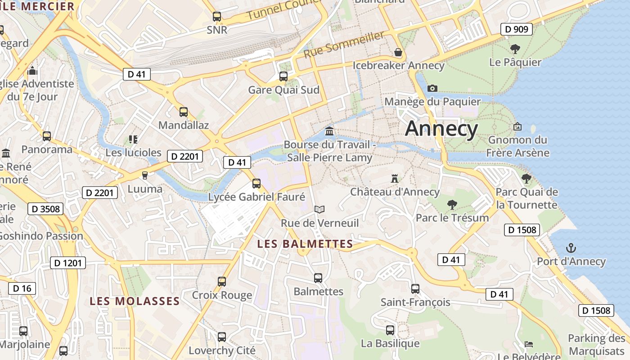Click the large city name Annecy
[x=441, y=129]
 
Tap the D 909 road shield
[x=517, y=30]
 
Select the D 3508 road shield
[x=46, y=209]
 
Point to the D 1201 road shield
[x=68, y=263]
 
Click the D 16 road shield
[x=22, y=288]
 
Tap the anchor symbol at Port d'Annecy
[x=571, y=248]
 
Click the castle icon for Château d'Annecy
[x=395, y=179]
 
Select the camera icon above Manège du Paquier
[x=432, y=88]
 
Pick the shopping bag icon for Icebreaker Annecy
[x=398, y=53]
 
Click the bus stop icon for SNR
[x=217, y=17]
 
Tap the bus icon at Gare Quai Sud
[x=283, y=76]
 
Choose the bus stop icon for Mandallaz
[x=184, y=112]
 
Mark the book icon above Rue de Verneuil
[x=319, y=209]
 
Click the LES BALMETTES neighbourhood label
[x=305, y=244]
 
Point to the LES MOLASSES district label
[x=135, y=301]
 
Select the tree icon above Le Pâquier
[x=515, y=49]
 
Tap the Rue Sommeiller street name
[x=344, y=44]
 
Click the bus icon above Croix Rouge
[x=221, y=282]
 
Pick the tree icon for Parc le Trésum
[x=452, y=205]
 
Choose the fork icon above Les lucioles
[x=133, y=139]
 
